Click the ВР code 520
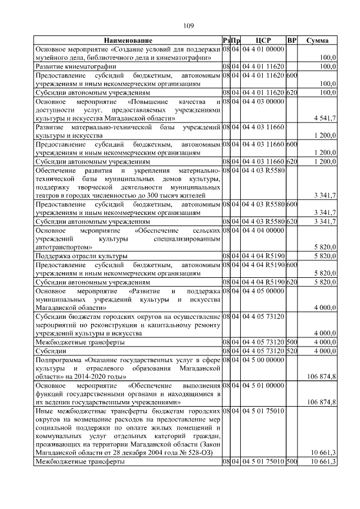[x=291, y=350]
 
